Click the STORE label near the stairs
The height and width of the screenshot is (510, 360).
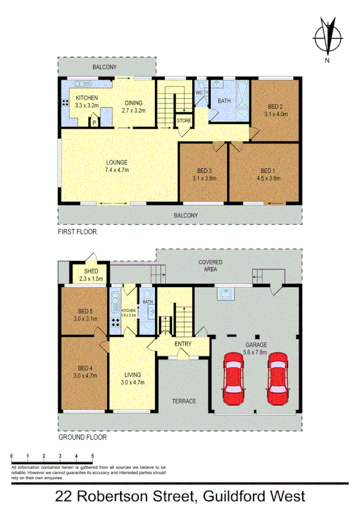pos(184,121)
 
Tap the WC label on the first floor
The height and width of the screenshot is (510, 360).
pos(200,92)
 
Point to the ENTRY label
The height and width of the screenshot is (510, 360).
pos(183,344)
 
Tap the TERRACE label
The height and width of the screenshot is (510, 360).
pos(184,401)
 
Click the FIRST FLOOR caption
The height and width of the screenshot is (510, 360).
pos(77,232)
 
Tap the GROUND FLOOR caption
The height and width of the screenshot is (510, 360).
pos(82,438)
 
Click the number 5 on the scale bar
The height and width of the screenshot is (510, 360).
pos(93,457)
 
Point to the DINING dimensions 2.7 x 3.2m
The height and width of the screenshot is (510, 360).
pos(134,111)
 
